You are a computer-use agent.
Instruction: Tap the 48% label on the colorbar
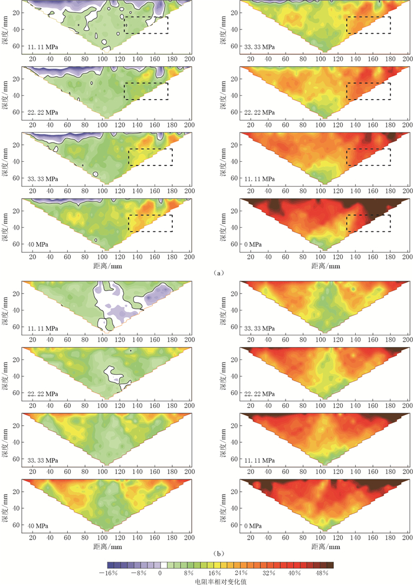[x=322, y=573]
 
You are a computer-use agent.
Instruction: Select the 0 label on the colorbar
[x=160, y=573]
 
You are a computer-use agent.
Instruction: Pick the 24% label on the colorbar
[x=241, y=573]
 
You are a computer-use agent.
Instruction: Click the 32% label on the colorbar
[x=268, y=573]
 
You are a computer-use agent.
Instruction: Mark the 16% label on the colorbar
[x=214, y=573]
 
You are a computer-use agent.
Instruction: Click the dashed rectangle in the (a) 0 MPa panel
[x=368, y=223]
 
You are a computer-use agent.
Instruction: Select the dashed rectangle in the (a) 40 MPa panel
[x=150, y=223]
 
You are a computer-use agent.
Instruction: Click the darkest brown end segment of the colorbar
[x=329, y=566]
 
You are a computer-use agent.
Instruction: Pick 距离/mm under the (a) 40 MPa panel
[x=103, y=266]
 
